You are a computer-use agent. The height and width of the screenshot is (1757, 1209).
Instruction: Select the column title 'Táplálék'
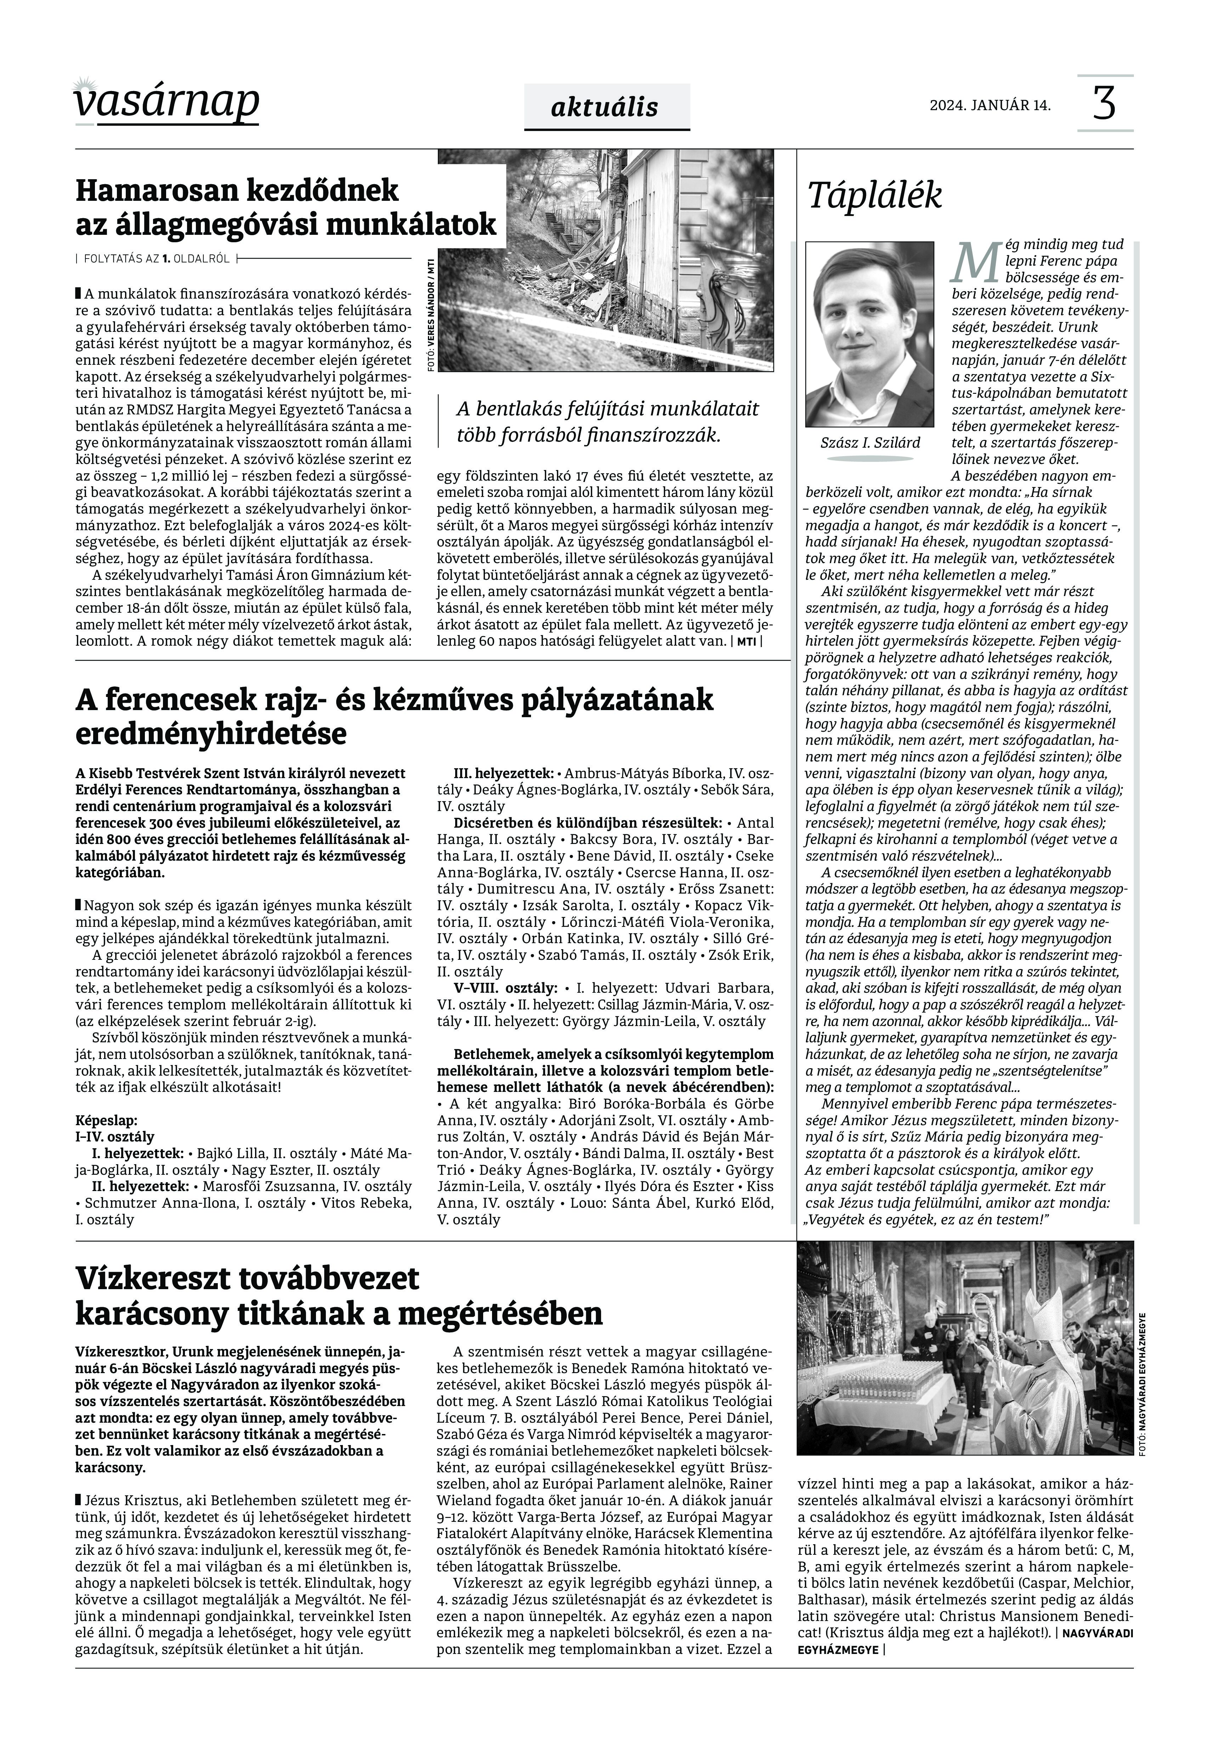pyautogui.click(x=875, y=195)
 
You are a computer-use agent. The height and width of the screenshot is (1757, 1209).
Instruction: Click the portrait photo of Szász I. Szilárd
pyautogui.click(x=870, y=335)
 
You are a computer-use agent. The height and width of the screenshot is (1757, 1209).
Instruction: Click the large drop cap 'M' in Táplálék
pyautogui.click(x=973, y=261)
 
